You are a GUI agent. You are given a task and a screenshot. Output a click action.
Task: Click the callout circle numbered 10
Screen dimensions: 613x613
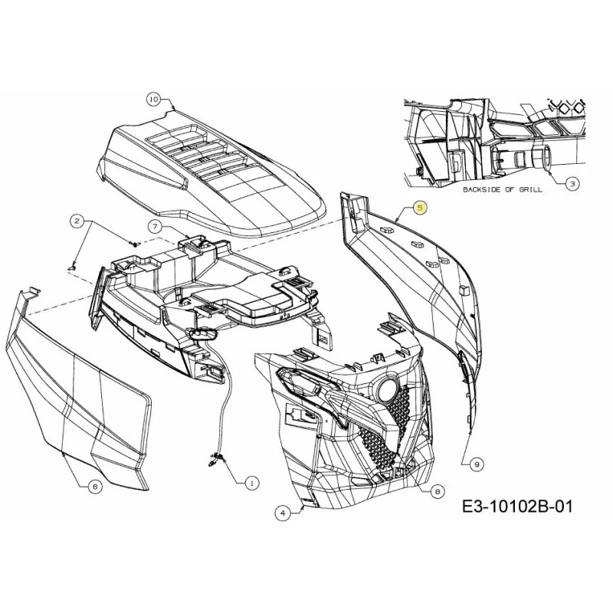tap(154, 100)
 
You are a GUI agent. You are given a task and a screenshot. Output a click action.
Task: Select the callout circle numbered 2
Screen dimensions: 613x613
tap(77, 221)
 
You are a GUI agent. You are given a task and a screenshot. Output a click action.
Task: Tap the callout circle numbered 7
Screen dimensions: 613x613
tap(155, 226)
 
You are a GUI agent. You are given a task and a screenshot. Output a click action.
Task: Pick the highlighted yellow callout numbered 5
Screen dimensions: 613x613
tap(420, 208)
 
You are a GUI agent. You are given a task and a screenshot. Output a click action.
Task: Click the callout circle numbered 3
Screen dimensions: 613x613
tap(572, 183)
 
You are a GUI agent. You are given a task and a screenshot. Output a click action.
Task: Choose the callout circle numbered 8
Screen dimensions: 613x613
tap(437, 491)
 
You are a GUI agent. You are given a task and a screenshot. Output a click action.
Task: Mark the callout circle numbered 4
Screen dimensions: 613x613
tap(283, 513)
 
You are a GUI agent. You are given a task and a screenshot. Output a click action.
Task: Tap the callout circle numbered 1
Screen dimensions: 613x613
tap(252, 484)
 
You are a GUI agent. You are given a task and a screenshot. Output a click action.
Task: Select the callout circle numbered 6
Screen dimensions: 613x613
tap(95, 487)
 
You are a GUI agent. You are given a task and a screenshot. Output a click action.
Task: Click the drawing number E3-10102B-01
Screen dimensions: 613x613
tap(517, 506)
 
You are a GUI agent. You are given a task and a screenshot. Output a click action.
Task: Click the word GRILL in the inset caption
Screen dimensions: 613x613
tap(530, 189)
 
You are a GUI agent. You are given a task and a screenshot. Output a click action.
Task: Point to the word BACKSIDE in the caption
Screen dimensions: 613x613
tap(481, 189)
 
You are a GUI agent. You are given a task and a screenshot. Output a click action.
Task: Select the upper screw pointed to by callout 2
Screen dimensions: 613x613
tap(136, 244)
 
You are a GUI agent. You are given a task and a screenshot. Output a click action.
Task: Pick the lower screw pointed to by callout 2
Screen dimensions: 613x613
tap(72, 268)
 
